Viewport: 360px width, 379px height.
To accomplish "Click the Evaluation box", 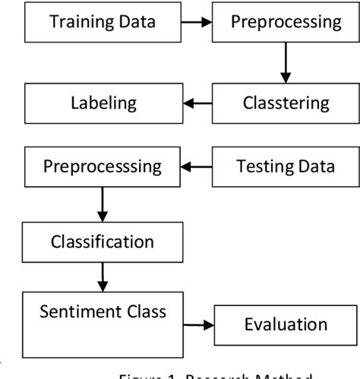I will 285,326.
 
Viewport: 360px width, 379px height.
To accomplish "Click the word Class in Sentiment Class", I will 143,311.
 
